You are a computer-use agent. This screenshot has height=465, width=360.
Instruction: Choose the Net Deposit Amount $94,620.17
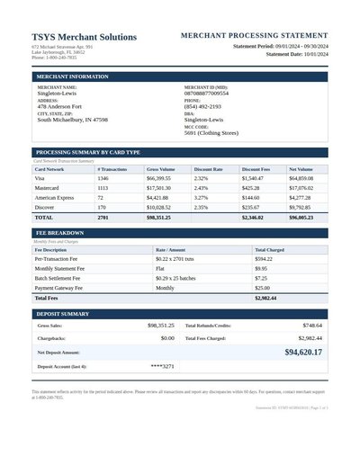click(302, 353)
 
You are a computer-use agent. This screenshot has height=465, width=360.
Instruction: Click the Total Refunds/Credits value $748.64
click(312, 325)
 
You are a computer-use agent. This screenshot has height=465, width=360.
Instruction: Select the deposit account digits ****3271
click(162, 367)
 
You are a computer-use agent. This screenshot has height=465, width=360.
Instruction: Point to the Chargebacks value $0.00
click(167, 338)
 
